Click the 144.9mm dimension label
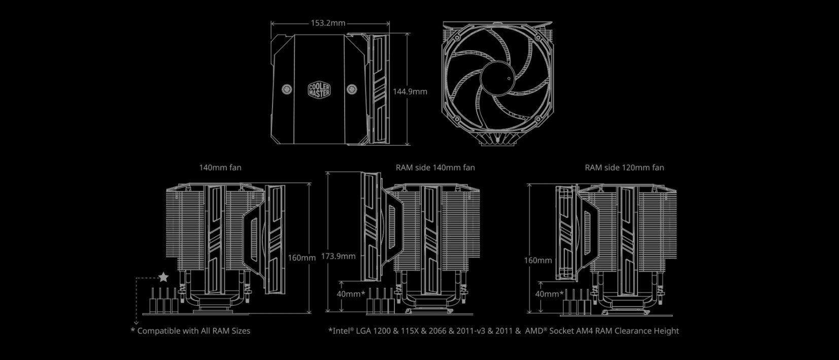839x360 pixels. click(410, 92)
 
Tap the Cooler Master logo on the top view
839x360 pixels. click(319, 90)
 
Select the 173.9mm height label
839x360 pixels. click(338, 256)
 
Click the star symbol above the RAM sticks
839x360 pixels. click(163, 277)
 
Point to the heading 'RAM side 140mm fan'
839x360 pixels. click(435, 167)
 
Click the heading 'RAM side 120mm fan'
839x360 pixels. click(624, 167)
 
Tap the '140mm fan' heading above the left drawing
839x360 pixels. click(217, 167)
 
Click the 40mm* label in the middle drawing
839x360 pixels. click(351, 294)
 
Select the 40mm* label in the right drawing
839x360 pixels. click(549, 294)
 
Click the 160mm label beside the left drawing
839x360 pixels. click(301, 257)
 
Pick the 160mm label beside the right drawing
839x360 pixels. click(538, 260)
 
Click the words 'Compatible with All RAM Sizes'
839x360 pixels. click(193, 331)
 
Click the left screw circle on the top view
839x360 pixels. click(286, 89)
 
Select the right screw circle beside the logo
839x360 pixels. click(351, 89)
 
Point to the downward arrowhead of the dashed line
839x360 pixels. click(136, 322)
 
